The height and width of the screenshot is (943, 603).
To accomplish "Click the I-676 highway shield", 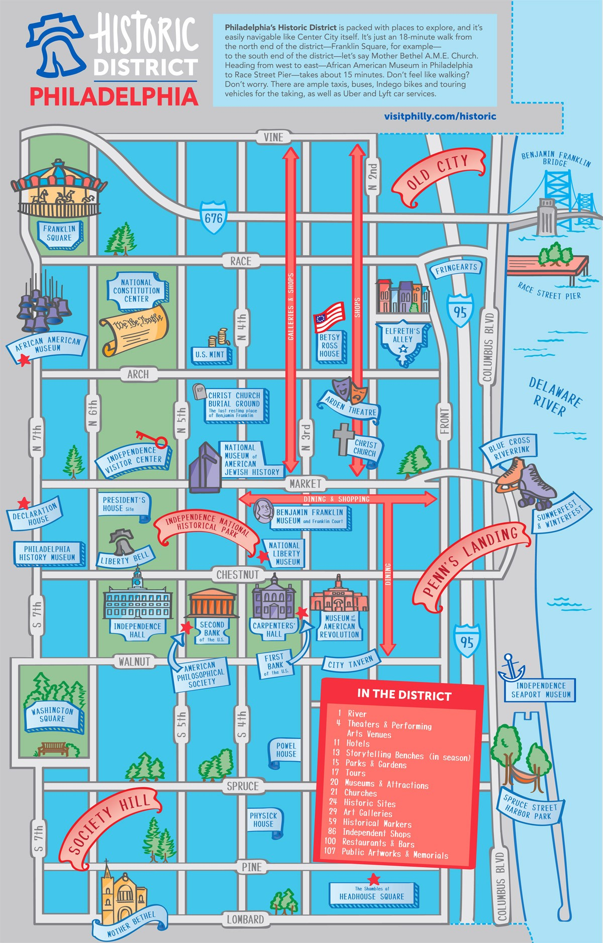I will tap(214, 218).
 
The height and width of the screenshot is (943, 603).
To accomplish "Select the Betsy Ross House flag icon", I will tap(329, 317).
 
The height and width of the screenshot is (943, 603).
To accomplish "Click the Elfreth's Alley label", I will tap(403, 335).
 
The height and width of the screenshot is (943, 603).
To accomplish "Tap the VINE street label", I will tap(273, 137).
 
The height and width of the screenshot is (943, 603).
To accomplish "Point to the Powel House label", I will tap(286, 750).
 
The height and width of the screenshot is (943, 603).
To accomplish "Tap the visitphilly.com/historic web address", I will tap(440, 116).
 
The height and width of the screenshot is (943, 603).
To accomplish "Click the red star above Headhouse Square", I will tap(373, 879).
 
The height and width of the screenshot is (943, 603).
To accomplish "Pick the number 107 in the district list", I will tap(330, 851).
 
